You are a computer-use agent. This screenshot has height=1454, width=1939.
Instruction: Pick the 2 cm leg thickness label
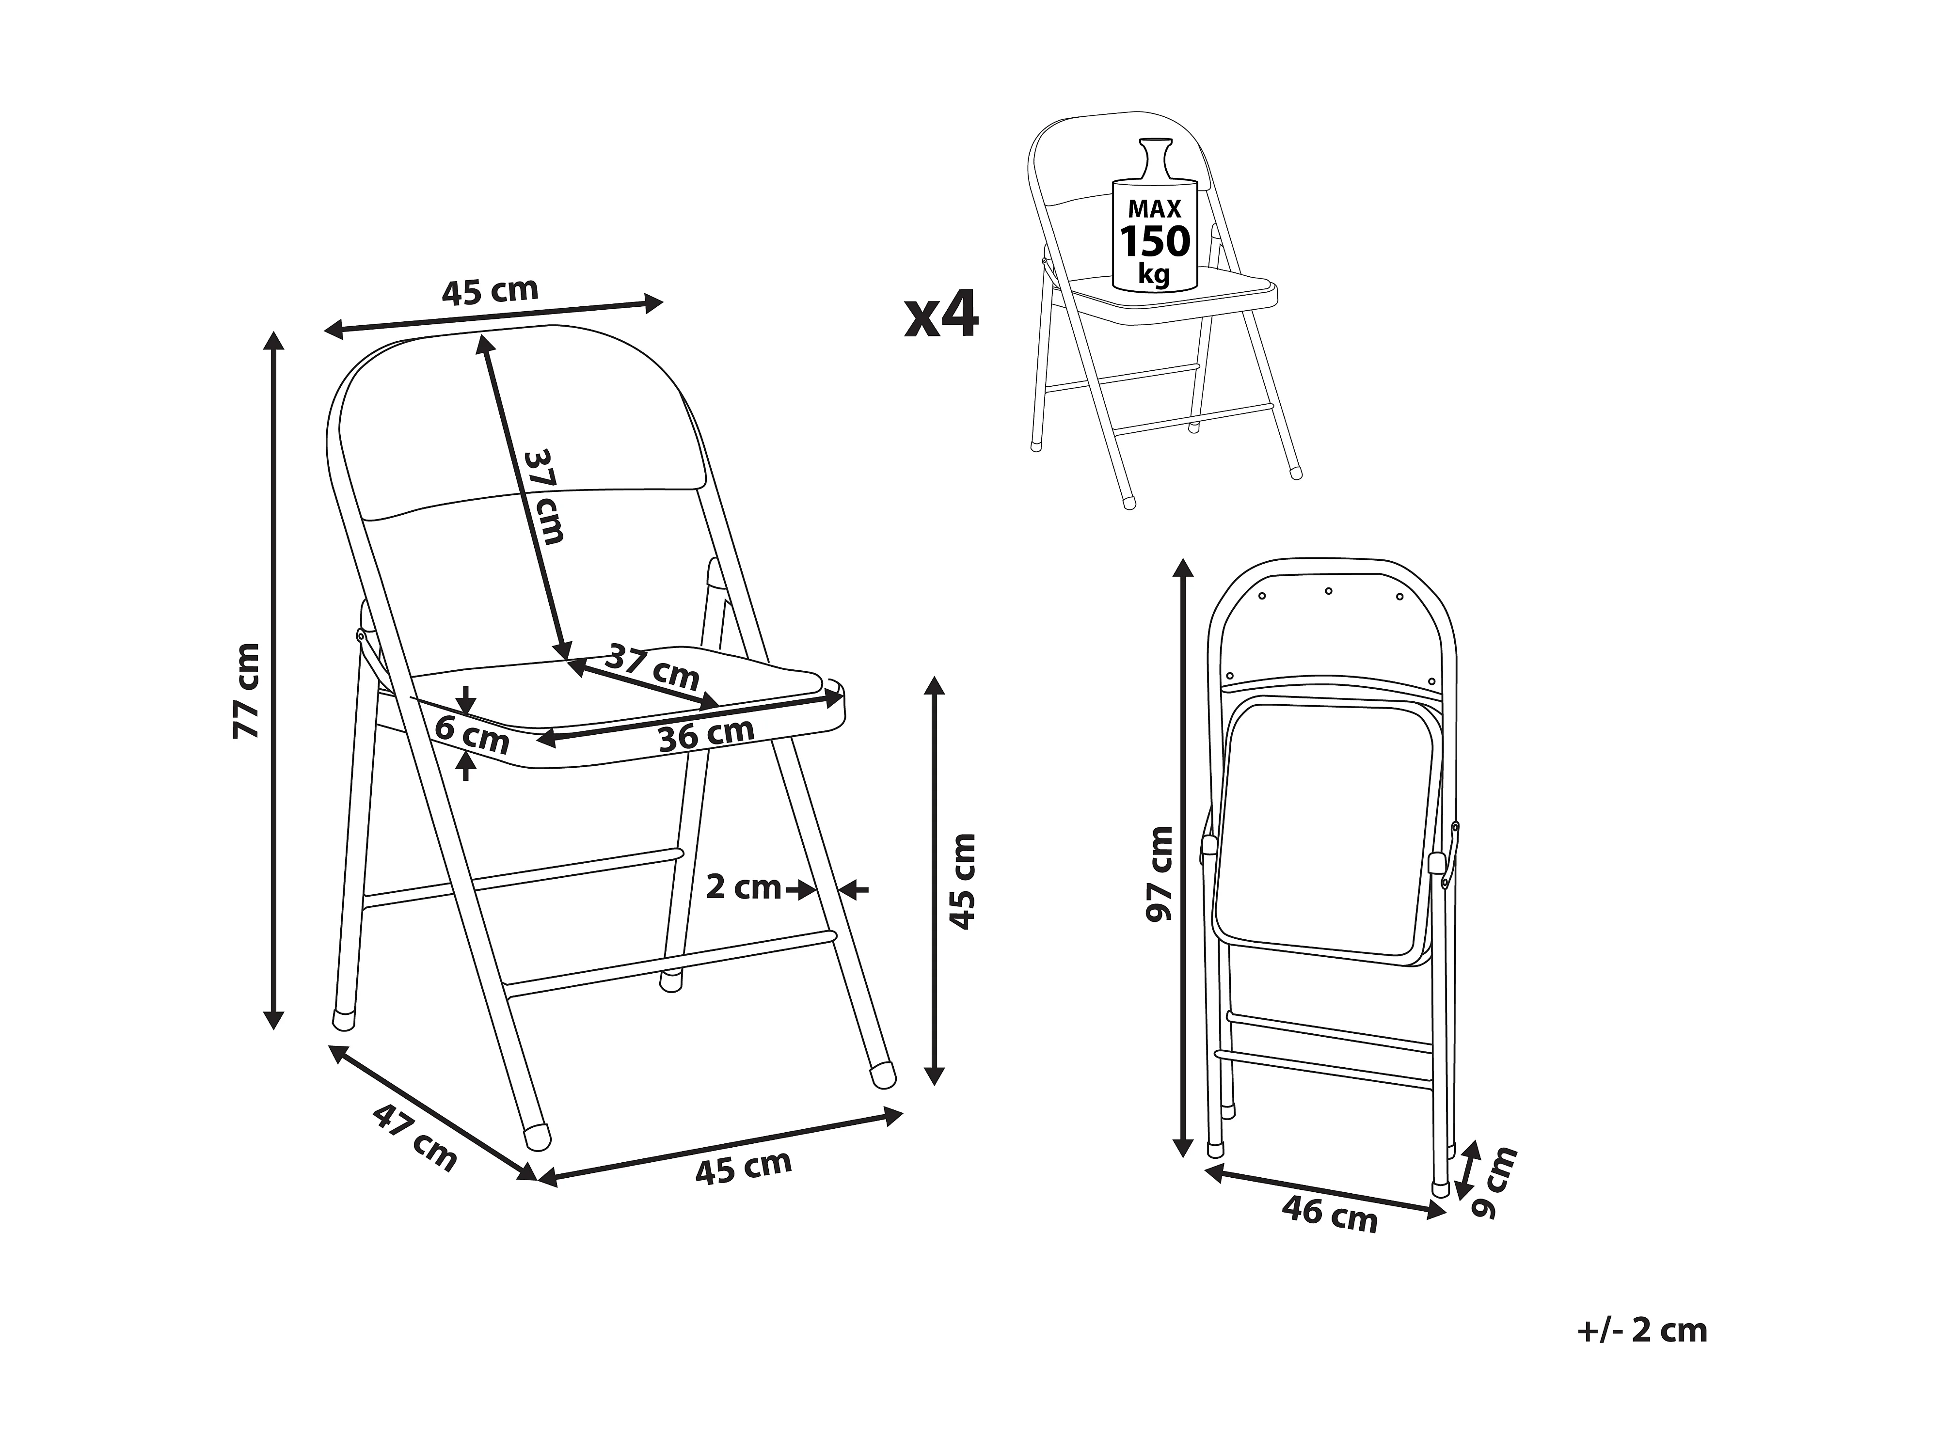(743, 888)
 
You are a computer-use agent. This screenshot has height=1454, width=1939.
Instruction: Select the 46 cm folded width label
(1330, 1215)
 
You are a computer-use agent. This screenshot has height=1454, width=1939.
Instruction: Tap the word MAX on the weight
(1155, 208)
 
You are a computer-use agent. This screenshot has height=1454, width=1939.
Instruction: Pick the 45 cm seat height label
(963, 881)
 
